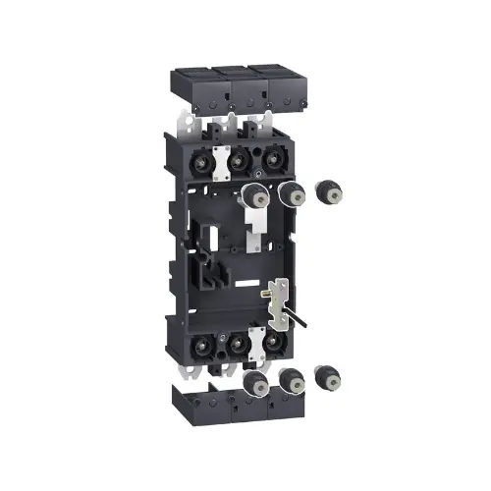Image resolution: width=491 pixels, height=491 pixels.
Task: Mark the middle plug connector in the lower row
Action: (x=288, y=381)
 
